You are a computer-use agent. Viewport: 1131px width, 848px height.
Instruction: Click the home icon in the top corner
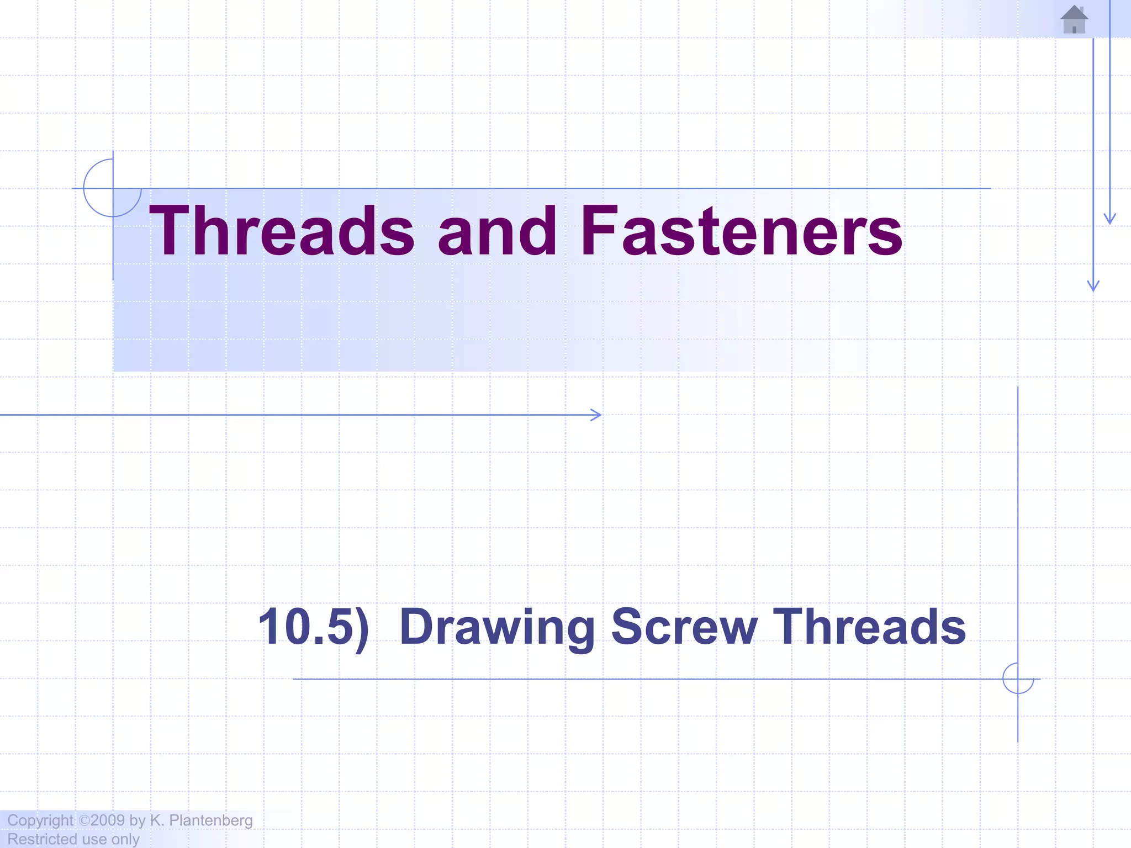tap(1074, 19)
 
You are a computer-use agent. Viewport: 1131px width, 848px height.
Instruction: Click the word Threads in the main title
tap(282, 231)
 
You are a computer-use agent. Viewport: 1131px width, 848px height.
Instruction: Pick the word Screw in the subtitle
tap(684, 627)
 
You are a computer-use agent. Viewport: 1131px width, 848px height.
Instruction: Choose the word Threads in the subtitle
tap(869, 627)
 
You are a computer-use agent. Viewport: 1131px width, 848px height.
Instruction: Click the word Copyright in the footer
tap(40, 821)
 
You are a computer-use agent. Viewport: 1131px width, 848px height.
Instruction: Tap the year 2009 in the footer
tap(108, 820)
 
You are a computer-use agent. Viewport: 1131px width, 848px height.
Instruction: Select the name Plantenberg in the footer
tap(210, 821)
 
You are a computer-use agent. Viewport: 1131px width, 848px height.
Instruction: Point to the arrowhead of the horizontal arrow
tap(598, 415)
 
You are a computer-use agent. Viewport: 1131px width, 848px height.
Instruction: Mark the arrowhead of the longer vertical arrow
tap(1093, 287)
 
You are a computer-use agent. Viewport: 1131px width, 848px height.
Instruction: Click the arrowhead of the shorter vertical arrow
tap(1109, 219)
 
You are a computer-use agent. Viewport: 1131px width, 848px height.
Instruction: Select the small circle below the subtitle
tap(1018, 679)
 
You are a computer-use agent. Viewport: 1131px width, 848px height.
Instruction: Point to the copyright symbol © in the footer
tap(84, 820)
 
